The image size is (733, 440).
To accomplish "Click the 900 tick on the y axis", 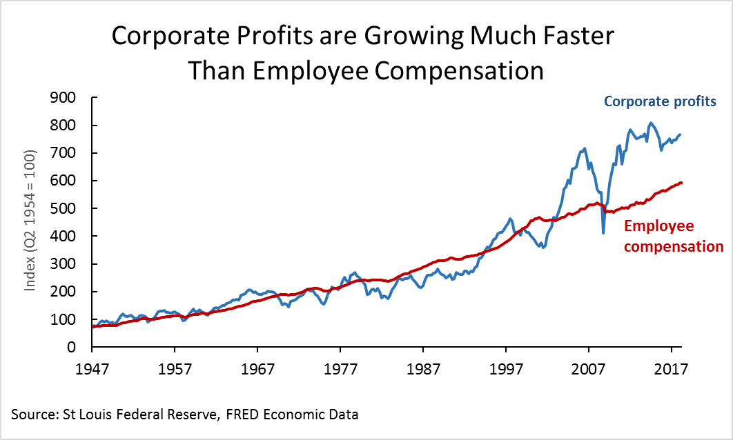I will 71,97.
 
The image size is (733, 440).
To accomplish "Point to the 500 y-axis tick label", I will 71,208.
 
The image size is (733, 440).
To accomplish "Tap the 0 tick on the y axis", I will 79,347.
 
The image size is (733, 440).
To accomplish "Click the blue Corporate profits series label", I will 661,101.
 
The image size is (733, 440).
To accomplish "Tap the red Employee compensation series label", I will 673,236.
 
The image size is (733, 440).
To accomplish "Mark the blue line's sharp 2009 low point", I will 603,233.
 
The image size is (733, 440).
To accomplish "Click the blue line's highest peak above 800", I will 651,123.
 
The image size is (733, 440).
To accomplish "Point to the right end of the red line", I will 682,183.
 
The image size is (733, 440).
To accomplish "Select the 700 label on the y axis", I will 71,152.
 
